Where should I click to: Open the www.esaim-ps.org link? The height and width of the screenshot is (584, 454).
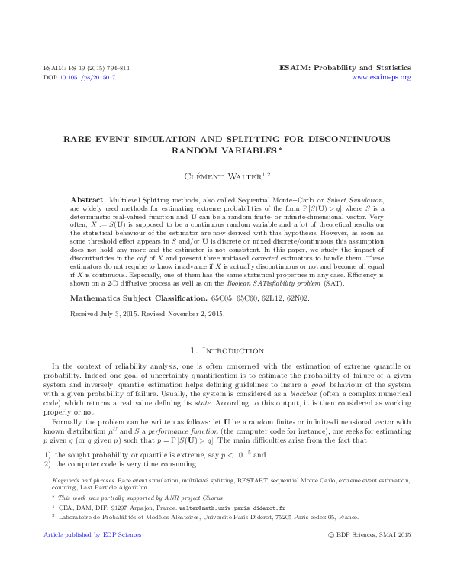click(x=381, y=77)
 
